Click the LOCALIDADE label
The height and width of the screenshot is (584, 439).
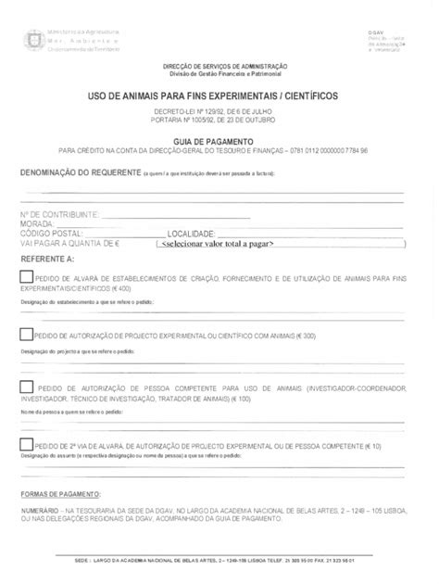[x=191, y=234]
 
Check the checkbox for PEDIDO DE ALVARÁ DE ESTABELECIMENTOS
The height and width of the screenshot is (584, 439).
[x=25, y=277]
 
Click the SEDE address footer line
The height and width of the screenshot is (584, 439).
[x=219, y=562]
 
